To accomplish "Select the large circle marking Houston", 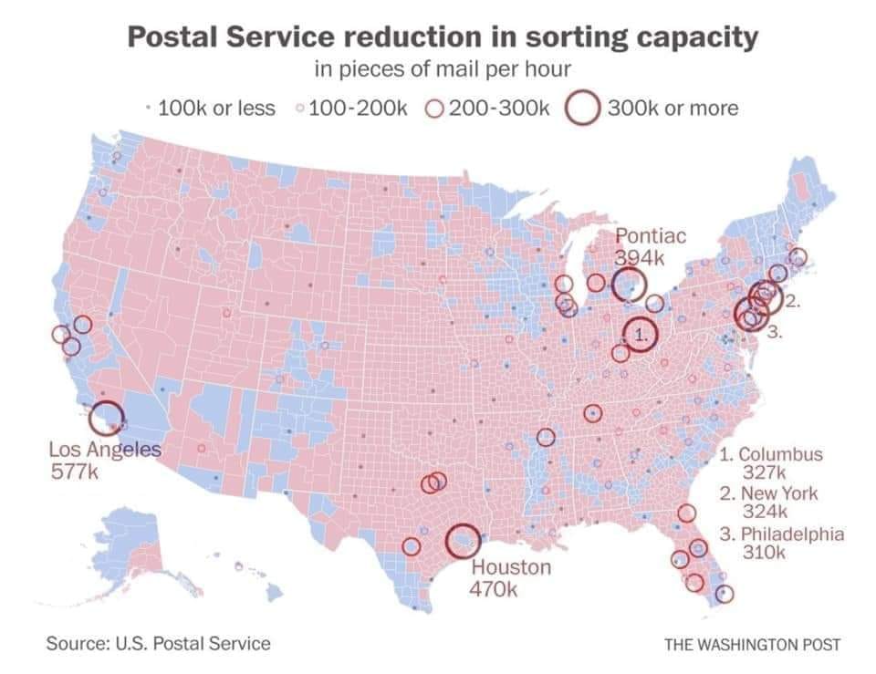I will [463, 540].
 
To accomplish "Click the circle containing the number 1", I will [641, 334].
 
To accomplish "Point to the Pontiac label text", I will [651, 236].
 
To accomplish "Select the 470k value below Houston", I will [493, 589].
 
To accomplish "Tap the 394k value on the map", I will [641, 258].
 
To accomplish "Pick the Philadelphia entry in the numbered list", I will [781, 534].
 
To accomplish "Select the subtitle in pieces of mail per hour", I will [442, 69].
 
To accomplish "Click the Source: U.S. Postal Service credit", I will [159, 643].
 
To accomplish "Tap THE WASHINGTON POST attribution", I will [752, 644].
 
